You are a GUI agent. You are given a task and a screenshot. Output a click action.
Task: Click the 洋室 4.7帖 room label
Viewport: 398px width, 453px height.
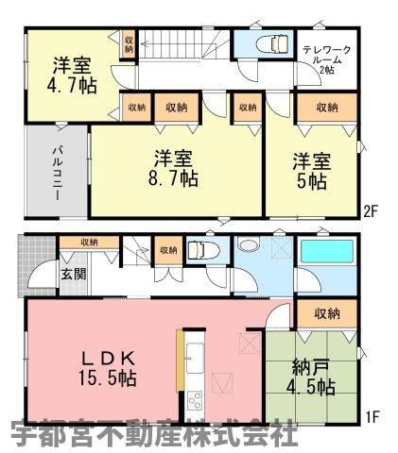(72, 75)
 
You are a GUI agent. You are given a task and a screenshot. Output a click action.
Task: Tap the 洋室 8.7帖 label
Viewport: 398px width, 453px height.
(173, 169)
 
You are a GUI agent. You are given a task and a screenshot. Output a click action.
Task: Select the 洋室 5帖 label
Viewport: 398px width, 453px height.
(312, 172)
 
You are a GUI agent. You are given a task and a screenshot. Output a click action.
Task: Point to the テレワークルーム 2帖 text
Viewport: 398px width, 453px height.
(327, 59)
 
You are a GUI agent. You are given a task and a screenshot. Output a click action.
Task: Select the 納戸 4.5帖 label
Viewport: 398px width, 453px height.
(311, 377)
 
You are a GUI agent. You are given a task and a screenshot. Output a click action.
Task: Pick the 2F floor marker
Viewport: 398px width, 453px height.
(371, 211)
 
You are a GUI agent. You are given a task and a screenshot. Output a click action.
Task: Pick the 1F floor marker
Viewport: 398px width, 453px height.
(371, 417)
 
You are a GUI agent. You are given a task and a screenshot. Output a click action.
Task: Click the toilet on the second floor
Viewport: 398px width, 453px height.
(272, 43)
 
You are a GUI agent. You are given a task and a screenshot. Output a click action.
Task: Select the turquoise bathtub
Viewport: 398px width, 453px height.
(327, 251)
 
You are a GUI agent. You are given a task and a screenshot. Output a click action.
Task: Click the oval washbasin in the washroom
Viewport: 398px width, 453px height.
(249, 244)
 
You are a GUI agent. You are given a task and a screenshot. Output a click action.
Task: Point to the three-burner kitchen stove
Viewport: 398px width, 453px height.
(195, 400)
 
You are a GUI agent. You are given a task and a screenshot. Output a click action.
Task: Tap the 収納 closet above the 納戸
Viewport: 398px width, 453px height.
(327, 313)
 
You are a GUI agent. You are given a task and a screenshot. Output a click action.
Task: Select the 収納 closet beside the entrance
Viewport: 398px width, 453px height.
(90, 243)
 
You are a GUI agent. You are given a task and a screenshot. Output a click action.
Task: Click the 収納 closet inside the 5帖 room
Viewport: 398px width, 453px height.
(327, 108)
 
